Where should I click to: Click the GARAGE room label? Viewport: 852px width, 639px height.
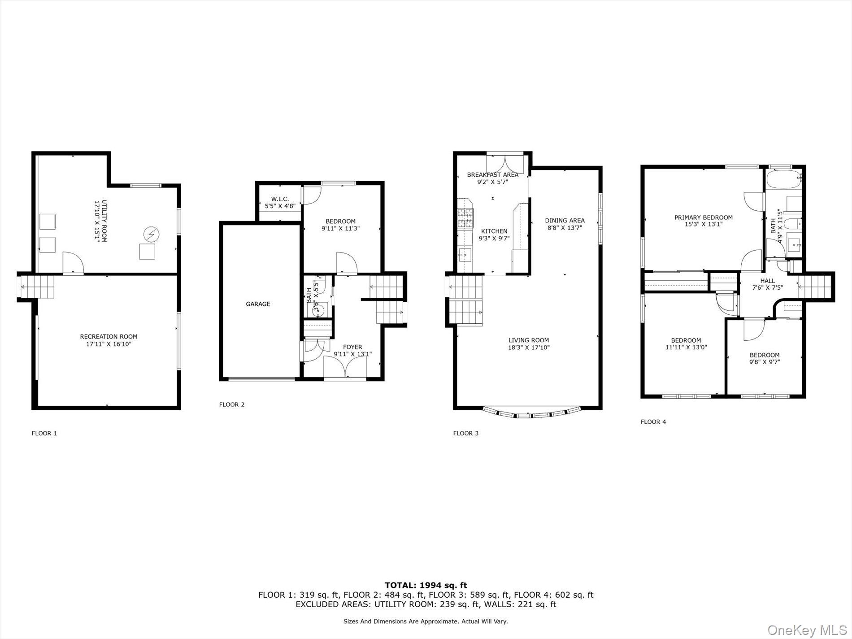pos(258,304)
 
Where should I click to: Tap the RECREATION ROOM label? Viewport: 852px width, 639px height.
pos(109,337)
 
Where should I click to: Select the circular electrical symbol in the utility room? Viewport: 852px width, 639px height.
pos(151,234)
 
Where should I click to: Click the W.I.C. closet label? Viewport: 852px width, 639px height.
pos(280,199)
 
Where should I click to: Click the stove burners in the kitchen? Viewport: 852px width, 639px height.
pos(465,218)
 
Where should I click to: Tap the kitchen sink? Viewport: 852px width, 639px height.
pos(463,256)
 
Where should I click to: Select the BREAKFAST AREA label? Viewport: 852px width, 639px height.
pos(492,175)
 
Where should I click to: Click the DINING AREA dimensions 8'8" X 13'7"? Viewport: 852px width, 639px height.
pos(565,227)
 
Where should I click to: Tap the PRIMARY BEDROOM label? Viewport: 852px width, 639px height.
pos(704,217)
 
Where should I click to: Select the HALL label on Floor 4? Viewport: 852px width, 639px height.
pos(767,281)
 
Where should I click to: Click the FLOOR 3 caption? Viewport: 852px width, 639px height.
pos(466,433)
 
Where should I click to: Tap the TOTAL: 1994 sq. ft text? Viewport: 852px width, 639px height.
pos(426,585)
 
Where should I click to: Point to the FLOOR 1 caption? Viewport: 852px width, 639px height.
pos(44,433)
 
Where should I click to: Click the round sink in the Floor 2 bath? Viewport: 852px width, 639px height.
pos(317,309)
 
